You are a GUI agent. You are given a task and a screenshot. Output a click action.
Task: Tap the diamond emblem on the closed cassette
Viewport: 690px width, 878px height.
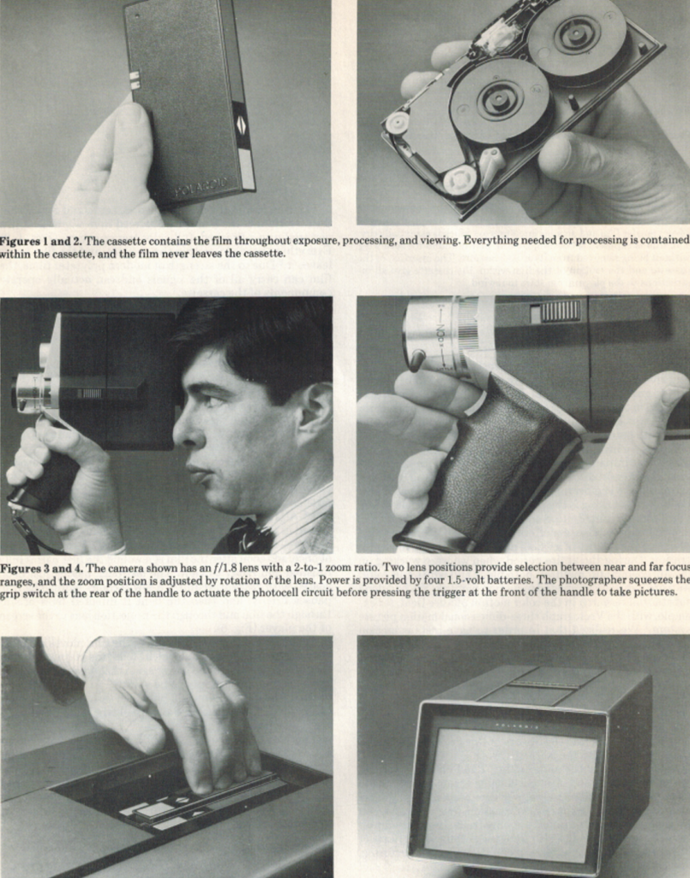tap(240, 125)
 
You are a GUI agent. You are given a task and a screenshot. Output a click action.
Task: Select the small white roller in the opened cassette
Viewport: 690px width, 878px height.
tap(398, 122)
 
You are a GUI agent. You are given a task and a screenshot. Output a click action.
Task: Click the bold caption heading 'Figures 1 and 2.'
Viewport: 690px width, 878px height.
tap(41, 241)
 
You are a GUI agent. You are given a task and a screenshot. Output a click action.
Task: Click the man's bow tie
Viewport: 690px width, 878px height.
tap(245, 536)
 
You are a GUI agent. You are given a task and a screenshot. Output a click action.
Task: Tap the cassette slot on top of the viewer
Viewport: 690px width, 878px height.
tap(541, 685)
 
